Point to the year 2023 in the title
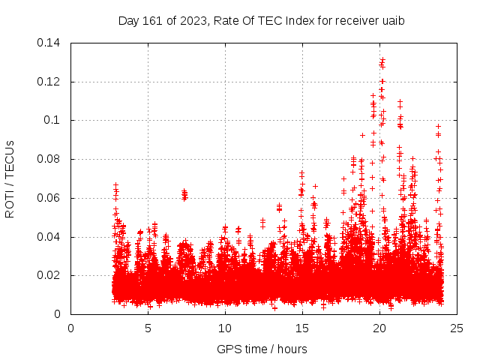(x=190, y=20)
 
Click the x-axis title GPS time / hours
(x=262, y=349)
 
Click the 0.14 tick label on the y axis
(x=49, y=42)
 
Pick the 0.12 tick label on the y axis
(x=49, y=81)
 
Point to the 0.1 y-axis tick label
(x=52, y=120)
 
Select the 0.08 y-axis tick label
(x=49, y=159)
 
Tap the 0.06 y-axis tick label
(x=49, y=198)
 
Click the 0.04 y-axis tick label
(x=49, y=237)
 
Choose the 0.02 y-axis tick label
(x=49, y=276)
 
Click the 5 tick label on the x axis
(x=148, y=328)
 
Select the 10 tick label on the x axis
(x=225, y=328)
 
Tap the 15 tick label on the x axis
(x=302, y=328)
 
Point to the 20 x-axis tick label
(x=379, y=328)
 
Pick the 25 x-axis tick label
(x=457, y=328)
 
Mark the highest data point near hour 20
(x=382, y=59)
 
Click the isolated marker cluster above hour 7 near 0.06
(x=184, y=195)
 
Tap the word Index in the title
(x=301, y=20)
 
